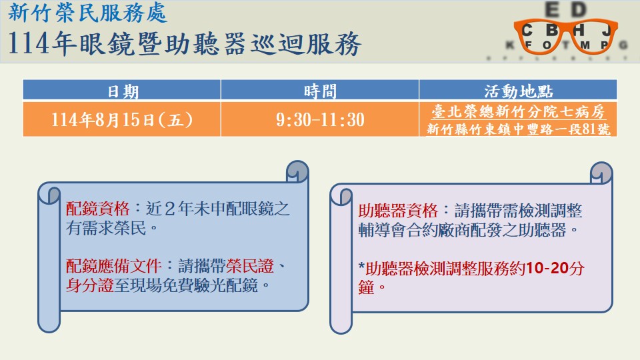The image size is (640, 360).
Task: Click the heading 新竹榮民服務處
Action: (x=87, y=13)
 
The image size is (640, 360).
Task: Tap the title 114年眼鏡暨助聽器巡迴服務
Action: (x=185, y=43)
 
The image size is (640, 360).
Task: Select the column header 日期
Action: (x=123, y=91)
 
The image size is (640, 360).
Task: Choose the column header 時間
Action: (x=321, y=91)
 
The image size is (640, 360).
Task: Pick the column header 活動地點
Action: (x=519, y=91)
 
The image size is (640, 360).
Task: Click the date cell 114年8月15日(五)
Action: (x=121, y=119)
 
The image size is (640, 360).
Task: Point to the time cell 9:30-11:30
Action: (x=320, y=119)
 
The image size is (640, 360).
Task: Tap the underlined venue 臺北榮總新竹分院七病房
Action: (x=519, y=111)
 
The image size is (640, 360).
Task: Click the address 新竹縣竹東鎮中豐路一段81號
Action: (x=519, y=129)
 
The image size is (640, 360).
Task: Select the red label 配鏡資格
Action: (x=97, y=209)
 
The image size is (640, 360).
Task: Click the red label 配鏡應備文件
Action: (x=114, y=266)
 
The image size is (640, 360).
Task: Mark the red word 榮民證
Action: (x=250, y=266)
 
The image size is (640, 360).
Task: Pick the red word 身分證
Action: (x=90, y=285)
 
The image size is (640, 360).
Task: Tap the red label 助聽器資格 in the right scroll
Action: (x=398, y=211)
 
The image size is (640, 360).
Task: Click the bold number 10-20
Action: (x=547, y=268)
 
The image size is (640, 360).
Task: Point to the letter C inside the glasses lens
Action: (x=527, y=30)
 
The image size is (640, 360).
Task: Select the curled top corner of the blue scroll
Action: (x=297, y=171)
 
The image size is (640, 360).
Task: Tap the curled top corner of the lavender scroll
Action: (x=601, y=173)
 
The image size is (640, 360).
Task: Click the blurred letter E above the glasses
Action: (x=552, y=9)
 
